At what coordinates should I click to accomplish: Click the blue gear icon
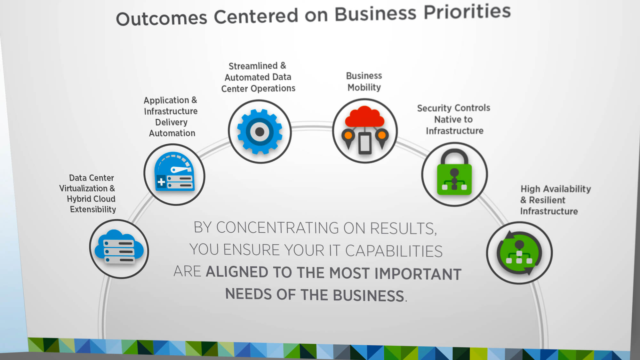[260, 132]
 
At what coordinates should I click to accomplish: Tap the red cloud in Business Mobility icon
[364, 117]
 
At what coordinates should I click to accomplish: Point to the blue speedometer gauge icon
[174, 172]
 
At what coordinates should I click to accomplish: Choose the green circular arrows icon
[519, 253]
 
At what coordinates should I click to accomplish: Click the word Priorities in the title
[467, 12]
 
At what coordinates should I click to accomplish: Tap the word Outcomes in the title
[162, 19]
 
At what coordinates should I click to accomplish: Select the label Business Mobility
[364, 82]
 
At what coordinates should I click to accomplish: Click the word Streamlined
[253, 66]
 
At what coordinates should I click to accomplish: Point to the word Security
[433, 108]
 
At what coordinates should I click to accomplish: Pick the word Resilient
[547, 200]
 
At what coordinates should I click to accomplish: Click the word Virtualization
[83, 188]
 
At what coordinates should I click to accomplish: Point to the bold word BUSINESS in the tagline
[368, 295]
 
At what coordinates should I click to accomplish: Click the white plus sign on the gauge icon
[161, 182]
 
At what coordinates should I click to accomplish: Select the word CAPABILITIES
[394, 251]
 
